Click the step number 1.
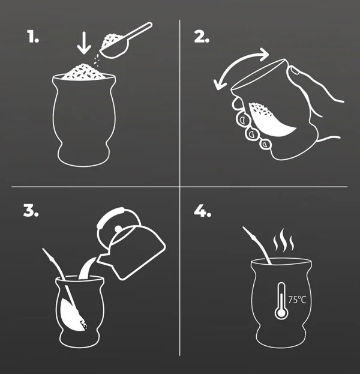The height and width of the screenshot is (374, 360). [33, 37]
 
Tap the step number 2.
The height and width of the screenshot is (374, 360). [202, 37]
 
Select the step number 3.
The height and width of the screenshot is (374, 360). [31, 210]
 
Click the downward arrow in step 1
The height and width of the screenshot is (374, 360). [84, 43]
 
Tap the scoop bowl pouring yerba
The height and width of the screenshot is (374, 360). [114, 47]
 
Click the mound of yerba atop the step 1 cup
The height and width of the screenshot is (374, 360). [83, 71]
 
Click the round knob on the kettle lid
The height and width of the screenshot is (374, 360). [118, 229]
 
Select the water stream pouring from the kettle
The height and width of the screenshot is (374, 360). [86, 268]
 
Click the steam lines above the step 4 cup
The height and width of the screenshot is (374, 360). [283, 240]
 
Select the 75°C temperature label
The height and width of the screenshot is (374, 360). [297, 300]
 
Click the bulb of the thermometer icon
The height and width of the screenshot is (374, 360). [281, 312]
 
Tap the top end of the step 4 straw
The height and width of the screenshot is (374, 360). [244, 228]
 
